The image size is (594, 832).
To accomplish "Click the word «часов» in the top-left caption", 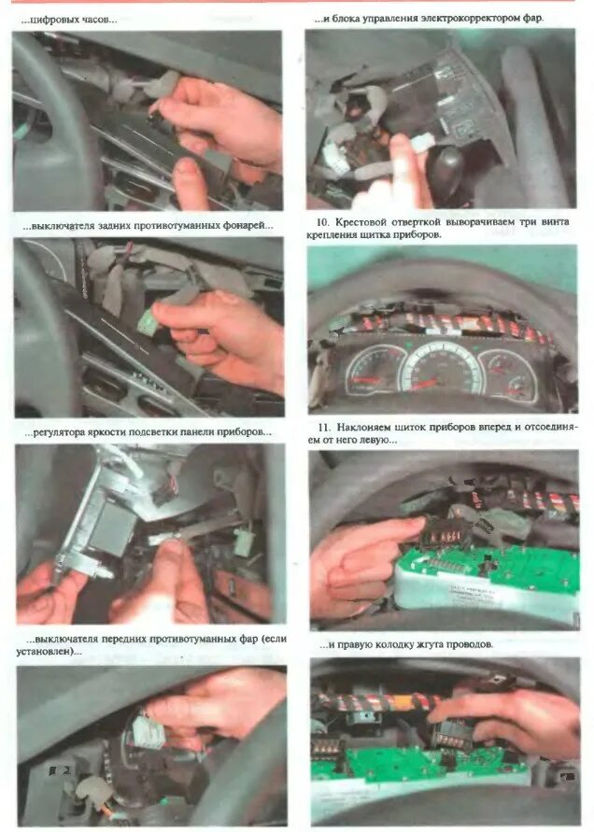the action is [x=99, y=20].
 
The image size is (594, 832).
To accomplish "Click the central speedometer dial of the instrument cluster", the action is [x=442, y=366].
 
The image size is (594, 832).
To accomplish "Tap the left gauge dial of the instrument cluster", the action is [x=375, y=372].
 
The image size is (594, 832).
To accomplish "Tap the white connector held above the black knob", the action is [x=421, y=143].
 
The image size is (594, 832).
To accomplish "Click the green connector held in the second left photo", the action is [x=146, y=322].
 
